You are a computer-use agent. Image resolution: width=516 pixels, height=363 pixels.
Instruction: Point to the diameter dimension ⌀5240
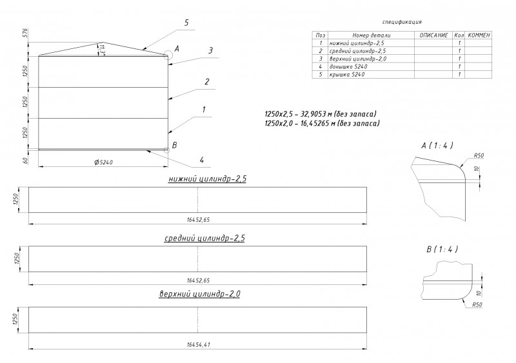pos(103,162)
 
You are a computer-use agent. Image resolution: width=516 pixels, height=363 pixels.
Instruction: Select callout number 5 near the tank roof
pos(186,23)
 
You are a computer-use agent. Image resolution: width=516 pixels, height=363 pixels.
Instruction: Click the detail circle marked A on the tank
pos(168,55)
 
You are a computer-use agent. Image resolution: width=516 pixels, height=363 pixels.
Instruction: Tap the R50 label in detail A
pos(479,155)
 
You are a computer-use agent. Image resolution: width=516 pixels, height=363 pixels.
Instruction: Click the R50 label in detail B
pos(478,304)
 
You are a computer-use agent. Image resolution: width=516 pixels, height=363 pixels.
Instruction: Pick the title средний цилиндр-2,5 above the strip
pos(204,239)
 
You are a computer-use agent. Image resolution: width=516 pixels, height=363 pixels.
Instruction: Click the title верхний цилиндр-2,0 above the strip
pos(200,294)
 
